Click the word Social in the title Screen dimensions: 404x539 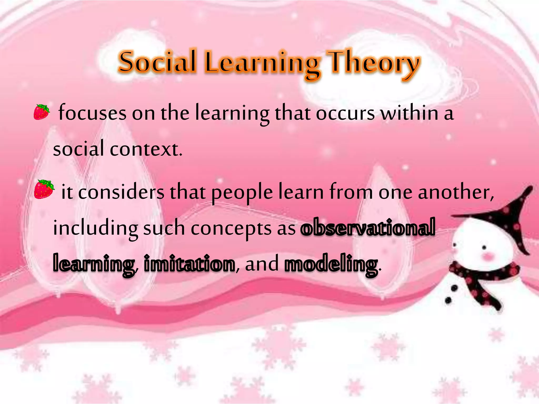157,62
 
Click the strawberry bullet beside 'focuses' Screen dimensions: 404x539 42,112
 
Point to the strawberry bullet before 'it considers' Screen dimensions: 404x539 44,189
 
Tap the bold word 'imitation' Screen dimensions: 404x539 189,264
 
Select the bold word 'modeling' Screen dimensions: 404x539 331,264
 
